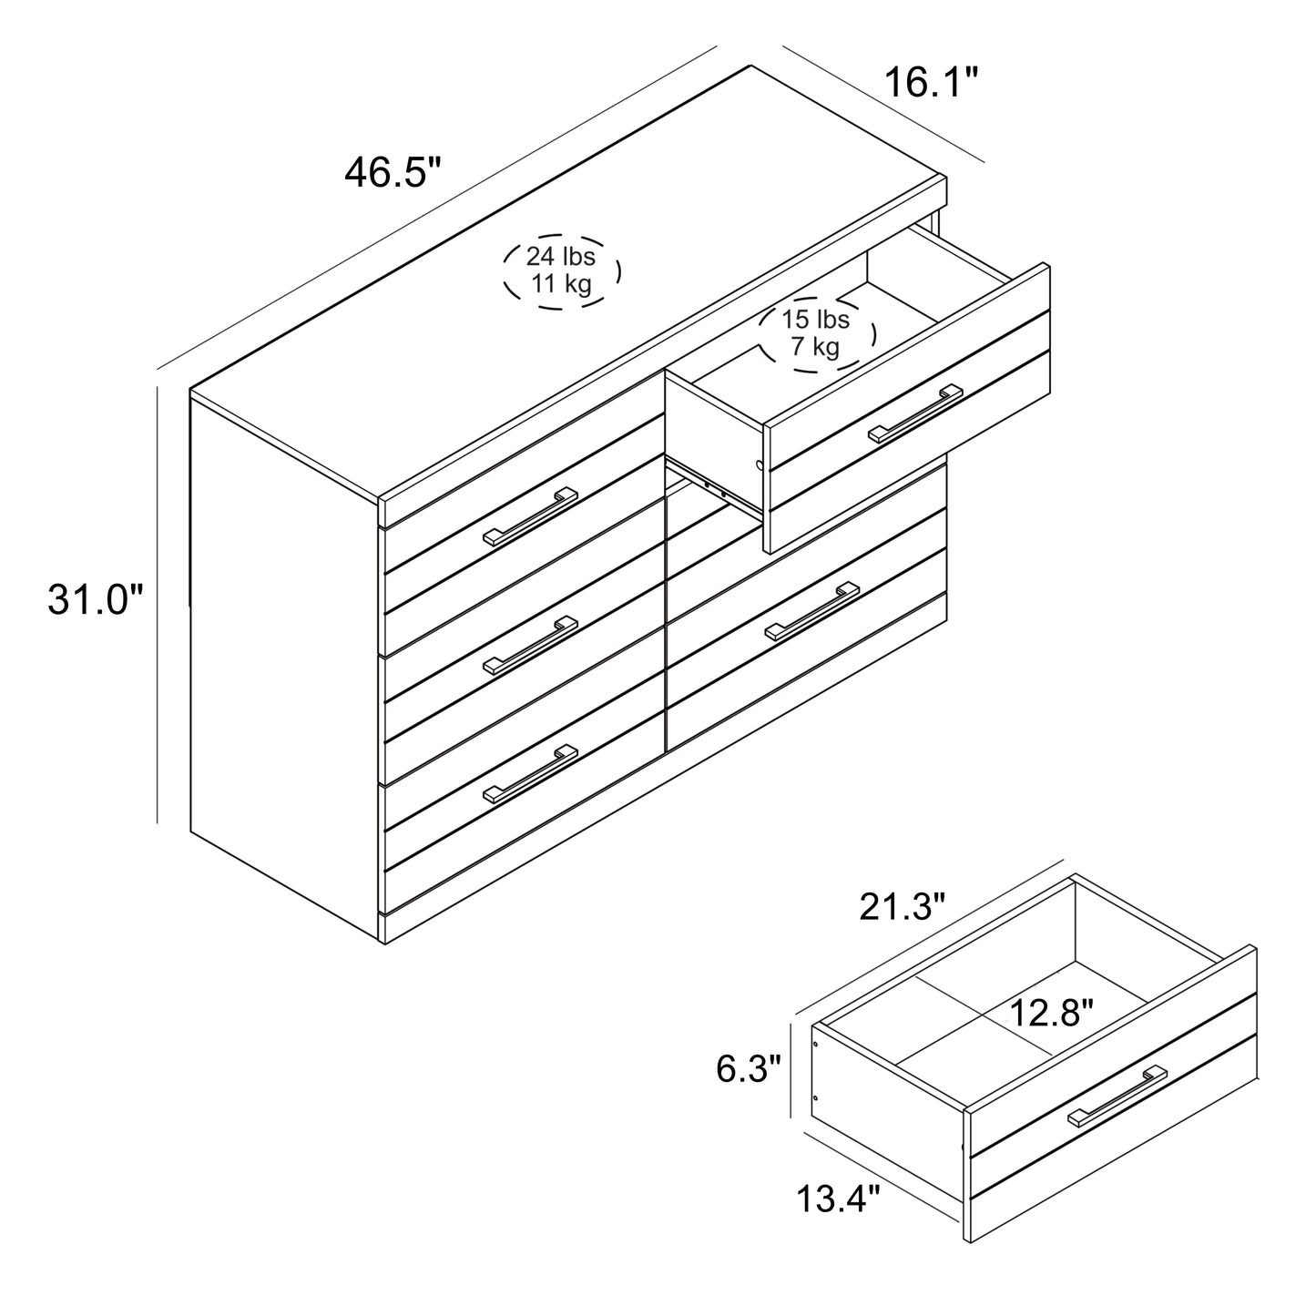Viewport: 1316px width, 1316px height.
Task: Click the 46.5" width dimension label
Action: (393, 172)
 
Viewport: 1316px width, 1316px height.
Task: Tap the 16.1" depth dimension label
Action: (932, 83)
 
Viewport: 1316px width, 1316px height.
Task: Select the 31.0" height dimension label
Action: (96, 599)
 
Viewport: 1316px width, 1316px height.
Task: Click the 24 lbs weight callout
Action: (561, 270)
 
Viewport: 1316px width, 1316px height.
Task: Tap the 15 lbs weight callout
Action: (817, 334)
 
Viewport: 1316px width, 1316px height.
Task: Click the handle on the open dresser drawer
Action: (915, 413)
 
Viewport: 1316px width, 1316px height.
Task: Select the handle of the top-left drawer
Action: (531, 516)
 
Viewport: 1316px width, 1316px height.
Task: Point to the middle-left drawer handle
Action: (531, 646)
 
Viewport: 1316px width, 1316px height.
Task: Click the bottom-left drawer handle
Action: (531, 774)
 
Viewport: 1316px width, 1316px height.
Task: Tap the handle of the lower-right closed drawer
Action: (812, 611)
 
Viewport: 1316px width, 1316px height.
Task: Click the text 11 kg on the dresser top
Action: (561, 283)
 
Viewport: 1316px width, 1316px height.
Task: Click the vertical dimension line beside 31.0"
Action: (157, 605)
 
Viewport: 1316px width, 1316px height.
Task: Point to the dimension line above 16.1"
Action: (883, 104)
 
